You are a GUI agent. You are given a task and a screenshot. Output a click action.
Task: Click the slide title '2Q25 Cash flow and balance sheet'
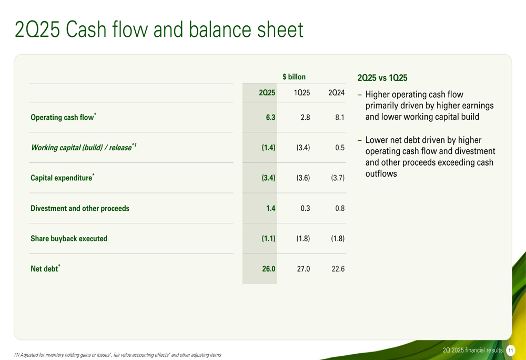pos(159,29)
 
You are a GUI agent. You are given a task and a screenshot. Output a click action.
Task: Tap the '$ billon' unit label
pos(294,77)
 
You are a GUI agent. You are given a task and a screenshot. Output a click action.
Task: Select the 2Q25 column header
pos(267,92)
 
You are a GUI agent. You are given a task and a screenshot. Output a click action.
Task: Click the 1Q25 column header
pos(302,92)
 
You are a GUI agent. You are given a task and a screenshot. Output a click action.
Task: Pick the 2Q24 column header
pos(337,92)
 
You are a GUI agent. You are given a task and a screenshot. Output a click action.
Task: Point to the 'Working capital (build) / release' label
pos(84,147)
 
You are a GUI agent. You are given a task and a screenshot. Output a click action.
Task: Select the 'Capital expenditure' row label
pos(63,177)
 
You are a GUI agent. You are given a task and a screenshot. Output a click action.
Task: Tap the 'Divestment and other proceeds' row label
pos(80,208)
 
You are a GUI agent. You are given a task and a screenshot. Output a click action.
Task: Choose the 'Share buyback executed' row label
pos(69,238)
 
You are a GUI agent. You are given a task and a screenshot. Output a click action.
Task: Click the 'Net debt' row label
pos(45,269)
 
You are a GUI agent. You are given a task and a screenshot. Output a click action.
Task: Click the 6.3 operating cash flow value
pos(270,117)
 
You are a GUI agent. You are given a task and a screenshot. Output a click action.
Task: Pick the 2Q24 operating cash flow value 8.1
pos(340,117)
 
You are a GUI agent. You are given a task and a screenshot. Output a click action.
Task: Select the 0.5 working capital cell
pos(340,148)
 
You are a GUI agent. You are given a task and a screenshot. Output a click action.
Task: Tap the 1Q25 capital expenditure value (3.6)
pos(303,178)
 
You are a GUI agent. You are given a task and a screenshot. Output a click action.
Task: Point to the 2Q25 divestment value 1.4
pos(271,208)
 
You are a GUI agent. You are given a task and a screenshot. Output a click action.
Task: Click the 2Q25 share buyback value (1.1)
pos(268,238)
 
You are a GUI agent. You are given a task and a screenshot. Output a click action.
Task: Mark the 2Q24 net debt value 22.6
pos(338,269)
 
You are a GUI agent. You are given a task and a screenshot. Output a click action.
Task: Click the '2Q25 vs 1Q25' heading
pos(382,78)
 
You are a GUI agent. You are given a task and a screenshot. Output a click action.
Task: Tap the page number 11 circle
pos(511,351)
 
